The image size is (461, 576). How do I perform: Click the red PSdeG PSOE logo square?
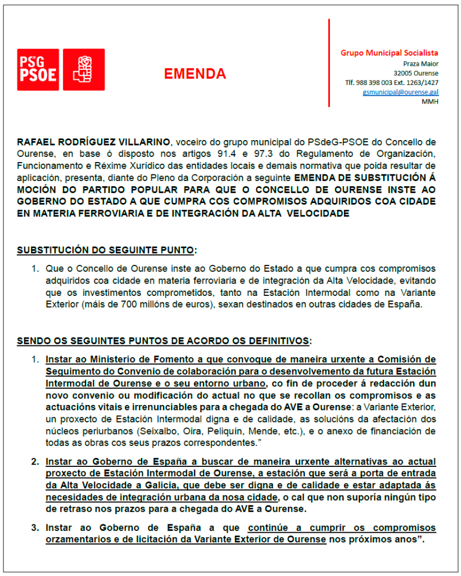click(x=38, y=69)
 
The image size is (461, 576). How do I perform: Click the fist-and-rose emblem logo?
click(x=83, y=69)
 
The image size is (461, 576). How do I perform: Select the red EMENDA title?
click(x=195, y=74)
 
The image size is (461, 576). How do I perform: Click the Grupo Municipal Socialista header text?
click(x=389, y=53)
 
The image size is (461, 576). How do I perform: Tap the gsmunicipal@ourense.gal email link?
click(x=401, y=92)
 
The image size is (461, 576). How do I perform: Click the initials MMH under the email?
click(x=430, y=101)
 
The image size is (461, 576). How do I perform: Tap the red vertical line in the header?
click(x=329, y=62)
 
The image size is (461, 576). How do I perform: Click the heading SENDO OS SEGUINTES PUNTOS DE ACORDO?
click(x=163, y=340)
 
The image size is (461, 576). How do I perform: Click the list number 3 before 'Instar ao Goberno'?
click(x=34, y=528)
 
